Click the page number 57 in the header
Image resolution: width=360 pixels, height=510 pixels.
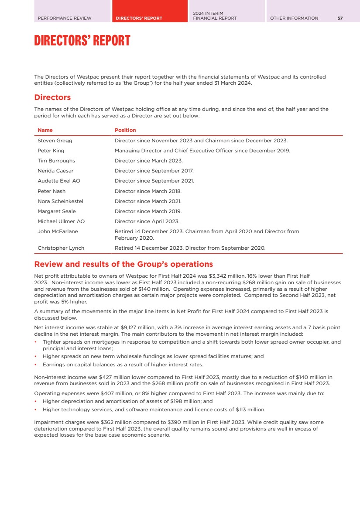340,18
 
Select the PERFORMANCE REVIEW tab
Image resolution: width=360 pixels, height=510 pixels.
65,18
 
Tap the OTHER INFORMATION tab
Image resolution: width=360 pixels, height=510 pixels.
294,18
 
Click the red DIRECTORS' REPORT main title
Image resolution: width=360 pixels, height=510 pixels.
82,41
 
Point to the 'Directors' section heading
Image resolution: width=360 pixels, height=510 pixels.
52,97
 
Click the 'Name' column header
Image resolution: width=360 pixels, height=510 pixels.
45,130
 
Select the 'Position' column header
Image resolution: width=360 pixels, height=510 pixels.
125,130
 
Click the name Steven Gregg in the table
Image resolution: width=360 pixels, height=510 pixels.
55,141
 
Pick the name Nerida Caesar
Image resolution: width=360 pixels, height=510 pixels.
55,171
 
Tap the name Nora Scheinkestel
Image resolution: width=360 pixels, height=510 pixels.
60,201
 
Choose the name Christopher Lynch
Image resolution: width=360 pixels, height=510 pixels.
61,248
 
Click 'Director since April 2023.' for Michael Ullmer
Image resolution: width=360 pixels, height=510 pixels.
147,221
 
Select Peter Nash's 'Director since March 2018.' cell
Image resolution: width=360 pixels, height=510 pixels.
148,191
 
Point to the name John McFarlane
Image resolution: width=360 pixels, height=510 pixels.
58,231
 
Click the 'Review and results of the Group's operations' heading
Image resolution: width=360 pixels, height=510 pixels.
123,264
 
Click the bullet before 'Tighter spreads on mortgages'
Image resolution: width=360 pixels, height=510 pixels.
35,342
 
